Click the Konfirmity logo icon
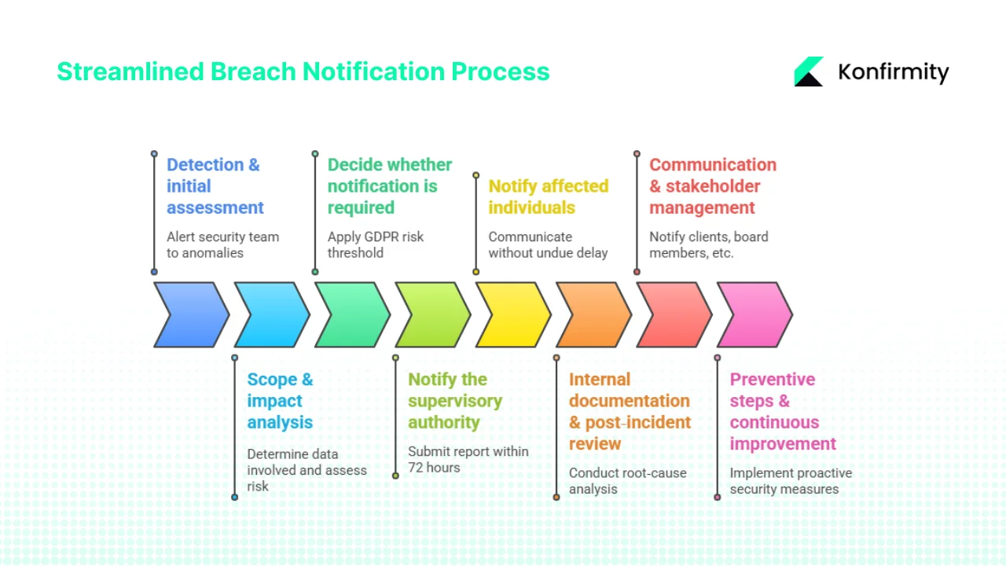[x=809, y=72]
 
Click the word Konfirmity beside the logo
[x=893, y=72]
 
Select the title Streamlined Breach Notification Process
[x=303, y=72]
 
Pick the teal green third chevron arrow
[x=351, y=314]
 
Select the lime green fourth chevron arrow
[x=431, y=314]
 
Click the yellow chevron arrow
[x=512, y=314]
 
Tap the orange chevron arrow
[x=593, y=314]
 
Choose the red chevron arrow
[x=673, y=314]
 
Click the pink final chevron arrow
[x=754, y=314]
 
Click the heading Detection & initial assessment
[x=215, y=186]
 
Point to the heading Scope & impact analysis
[x=280, y=401]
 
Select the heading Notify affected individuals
[x=548, y=197]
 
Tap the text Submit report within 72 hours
[x=468, y=459]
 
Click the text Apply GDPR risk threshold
[x=375, y=244]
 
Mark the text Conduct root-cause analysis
[x=627, y=480]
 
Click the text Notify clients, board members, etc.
[x=708, y=244]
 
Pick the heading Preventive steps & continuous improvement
[x=782, y=411]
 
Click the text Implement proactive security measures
[x=790, y=480]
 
